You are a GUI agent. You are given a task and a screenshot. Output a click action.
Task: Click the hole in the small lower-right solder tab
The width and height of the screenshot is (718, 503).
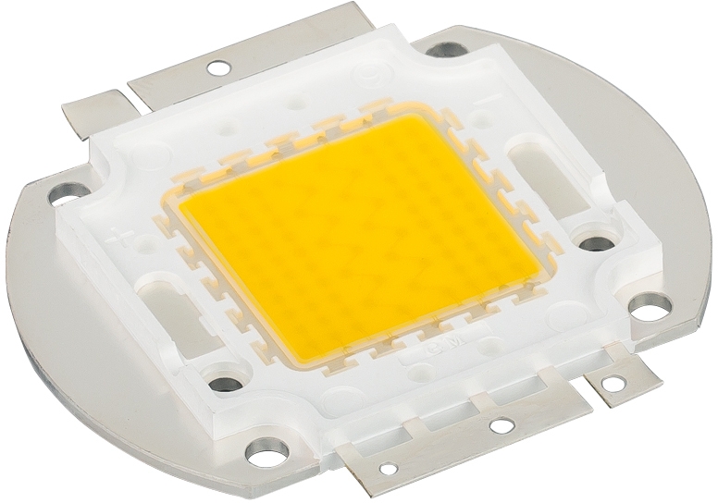click(x=612, y=379)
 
